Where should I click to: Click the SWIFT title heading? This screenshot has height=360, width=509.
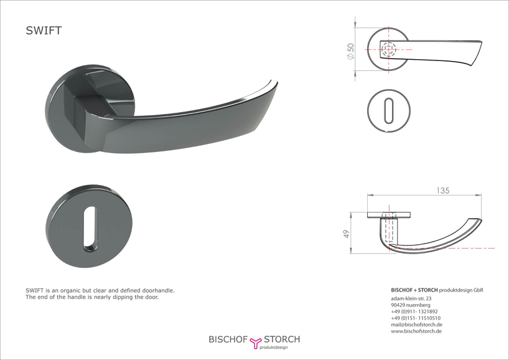pos(44,31)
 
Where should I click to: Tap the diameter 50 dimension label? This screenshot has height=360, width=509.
pos(350,51)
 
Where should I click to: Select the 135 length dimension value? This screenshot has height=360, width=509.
pos(443,191)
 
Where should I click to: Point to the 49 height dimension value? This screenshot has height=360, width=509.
pos(347,234)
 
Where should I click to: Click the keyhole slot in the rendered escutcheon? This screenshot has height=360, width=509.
pos(91,229)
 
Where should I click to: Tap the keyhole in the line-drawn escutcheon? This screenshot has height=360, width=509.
pos(388,111)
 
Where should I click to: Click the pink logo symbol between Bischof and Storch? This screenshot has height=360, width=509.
pos(256,343)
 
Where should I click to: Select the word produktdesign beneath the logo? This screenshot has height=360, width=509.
pos(273,348)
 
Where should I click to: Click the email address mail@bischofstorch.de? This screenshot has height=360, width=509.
pos(416,324)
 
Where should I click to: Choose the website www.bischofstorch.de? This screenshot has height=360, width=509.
pos(416,331)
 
